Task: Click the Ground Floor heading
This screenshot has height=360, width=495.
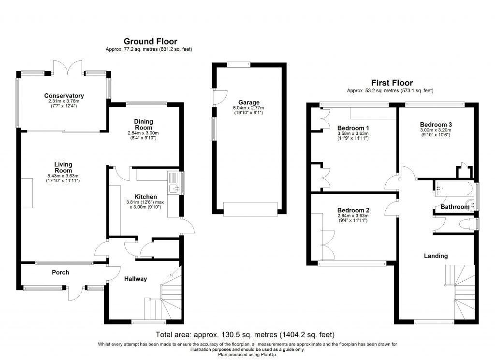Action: pos(150,42)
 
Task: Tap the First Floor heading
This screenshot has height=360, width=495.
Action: pos(392,83)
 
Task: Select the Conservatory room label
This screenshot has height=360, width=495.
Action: pos(64,96)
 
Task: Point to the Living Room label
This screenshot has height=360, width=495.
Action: pos(63,167)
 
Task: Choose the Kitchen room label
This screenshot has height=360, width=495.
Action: pos(145,197)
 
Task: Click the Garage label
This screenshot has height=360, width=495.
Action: pos(249,102)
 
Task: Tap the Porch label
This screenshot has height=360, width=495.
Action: pos(60,273)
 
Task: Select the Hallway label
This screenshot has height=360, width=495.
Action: pos(135,279)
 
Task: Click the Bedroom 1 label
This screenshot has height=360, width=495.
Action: pos(353,128)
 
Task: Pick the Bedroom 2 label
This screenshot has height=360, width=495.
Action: pos(353,210)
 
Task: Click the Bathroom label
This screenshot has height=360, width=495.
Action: pos(454,207)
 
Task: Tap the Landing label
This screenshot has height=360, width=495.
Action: pos(436,256)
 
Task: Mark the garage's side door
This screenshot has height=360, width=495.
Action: pos(214,97)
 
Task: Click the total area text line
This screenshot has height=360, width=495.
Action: pos(245,334)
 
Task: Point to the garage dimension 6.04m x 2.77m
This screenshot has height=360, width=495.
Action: pos(249,108)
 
